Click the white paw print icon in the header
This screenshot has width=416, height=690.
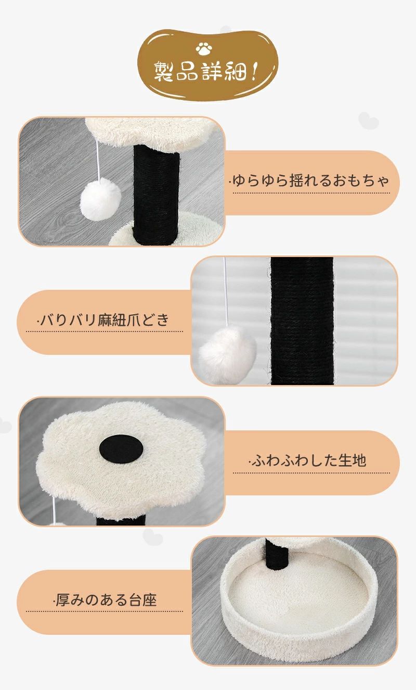tap(204, 49)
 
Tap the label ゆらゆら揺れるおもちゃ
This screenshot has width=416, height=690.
tap(310, 181)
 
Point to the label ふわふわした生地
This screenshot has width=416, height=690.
tap(308, 461)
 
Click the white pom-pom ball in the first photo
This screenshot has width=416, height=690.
tap(100, 199)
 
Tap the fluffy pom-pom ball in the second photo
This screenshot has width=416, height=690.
tap(227, 355)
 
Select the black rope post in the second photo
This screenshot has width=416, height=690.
tap(302, 321)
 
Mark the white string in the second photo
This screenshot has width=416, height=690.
tap(226, 292)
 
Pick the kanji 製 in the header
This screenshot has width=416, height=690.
tap(163, 72)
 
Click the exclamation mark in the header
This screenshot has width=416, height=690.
tap(254, 72)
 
